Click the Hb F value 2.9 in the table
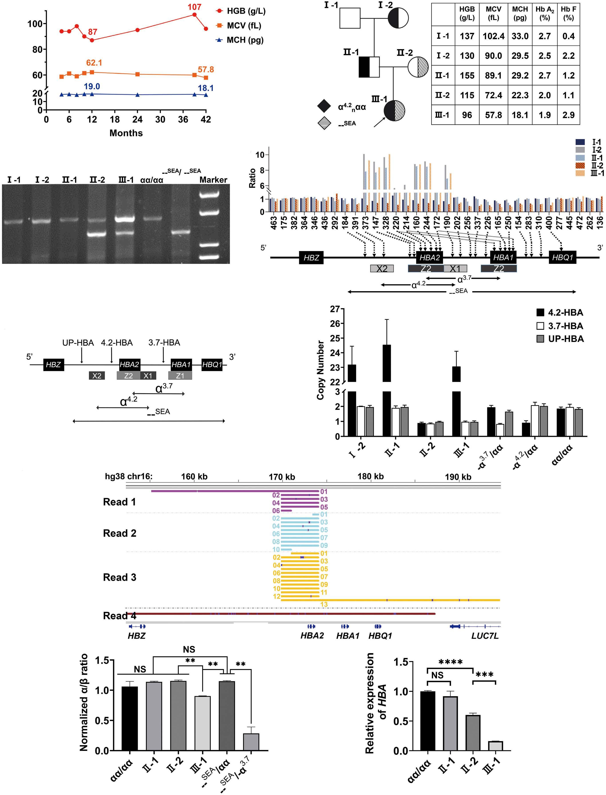pos(569,115)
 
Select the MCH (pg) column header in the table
pos(520,13)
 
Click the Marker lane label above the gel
pos(213,180)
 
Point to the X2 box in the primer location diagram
pos(97,376)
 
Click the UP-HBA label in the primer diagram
pos(78,342)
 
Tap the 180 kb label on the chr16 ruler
pos(370,476)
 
